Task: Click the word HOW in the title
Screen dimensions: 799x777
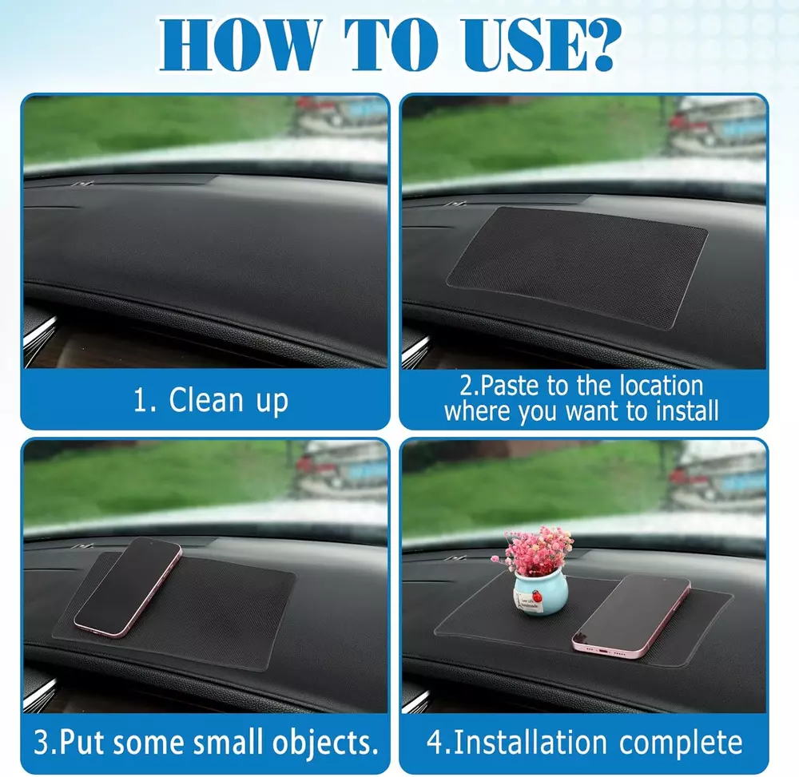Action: coord(240,45)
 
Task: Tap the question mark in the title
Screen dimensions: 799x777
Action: coord(602,45)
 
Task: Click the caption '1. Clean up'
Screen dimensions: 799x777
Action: coord(210,400)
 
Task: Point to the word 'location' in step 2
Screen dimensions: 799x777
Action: coord(661,386)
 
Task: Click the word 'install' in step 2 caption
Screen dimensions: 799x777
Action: coord(687,410)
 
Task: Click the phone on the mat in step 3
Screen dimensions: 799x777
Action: coord(128,587)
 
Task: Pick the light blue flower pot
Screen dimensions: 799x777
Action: coord(540,593)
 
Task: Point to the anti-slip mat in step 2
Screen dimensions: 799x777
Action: coord(577,266)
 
